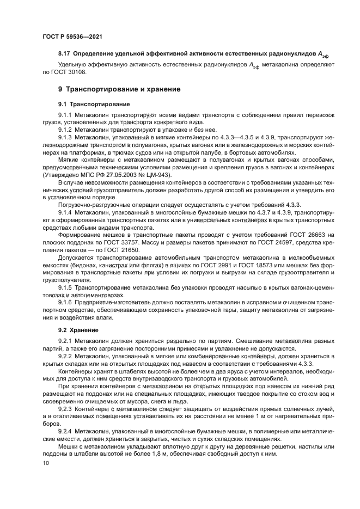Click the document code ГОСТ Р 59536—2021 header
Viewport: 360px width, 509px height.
click(x=72, y=36)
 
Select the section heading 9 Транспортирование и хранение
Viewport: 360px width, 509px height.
click(x=120, y=89)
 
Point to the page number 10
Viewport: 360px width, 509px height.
click(x=45, y=463)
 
